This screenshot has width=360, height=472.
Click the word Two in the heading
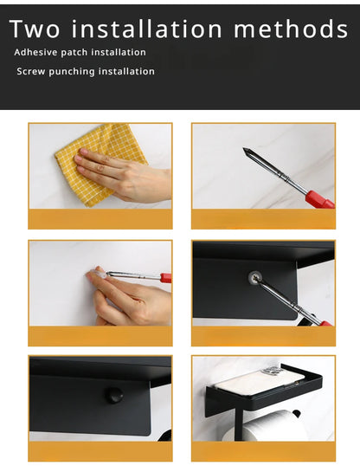coord(35,29)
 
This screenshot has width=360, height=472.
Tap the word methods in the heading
coord(291,29)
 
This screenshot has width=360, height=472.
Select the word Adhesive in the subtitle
coord(35,52)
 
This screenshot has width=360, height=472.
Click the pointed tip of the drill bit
coord(244,148)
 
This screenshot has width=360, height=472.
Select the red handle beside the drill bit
coord(319,199)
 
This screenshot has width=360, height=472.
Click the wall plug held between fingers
coord(98,274)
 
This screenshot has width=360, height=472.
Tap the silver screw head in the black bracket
coord(255,277)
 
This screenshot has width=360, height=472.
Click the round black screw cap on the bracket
coord(113,395)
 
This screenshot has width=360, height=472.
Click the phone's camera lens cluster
coord(270,372)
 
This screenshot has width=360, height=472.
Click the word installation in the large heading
coord(147,29)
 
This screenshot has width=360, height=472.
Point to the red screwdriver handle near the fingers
coord(165,277)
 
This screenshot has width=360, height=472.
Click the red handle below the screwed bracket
coord(325,323)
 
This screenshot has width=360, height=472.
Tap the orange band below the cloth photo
coord(100,219)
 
